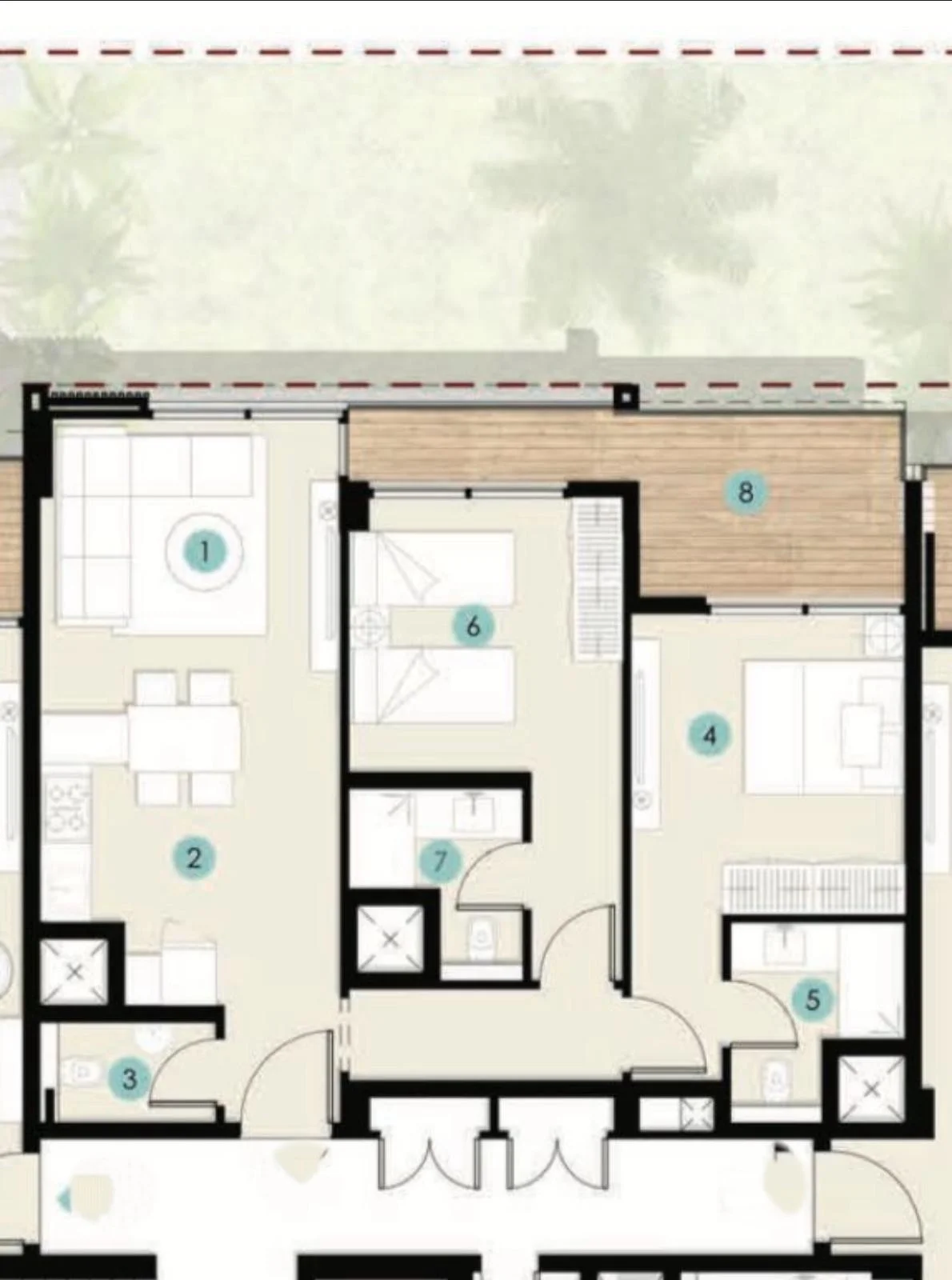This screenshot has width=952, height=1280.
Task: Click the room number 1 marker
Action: pos(205,552)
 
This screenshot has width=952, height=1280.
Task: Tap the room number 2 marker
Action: pos(194,858)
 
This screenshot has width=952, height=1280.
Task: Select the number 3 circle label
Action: pos(130,1078)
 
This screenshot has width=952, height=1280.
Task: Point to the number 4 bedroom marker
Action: pos(710,735)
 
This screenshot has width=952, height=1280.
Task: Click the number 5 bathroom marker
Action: pos(813,999)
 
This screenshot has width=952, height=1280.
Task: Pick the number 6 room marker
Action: pos(473,626)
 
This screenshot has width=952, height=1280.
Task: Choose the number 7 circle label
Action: pos(441,862)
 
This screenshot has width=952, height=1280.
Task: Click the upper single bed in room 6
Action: pos(434,570)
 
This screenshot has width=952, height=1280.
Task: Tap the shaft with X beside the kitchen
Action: pos(75,971)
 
